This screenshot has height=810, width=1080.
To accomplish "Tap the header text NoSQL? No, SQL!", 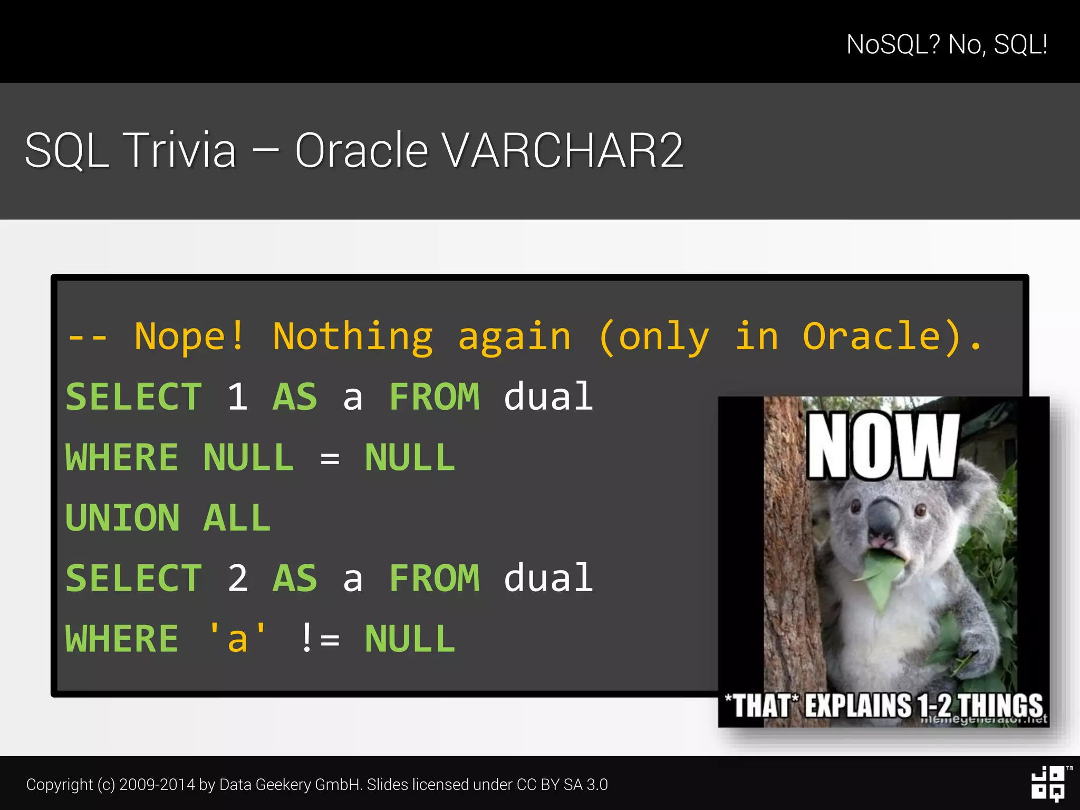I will point(947,44).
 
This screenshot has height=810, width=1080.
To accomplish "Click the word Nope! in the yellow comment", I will point(189,336).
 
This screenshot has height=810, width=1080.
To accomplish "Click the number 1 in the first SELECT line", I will point(237,397).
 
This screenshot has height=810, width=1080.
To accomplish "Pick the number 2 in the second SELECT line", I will point(237,578).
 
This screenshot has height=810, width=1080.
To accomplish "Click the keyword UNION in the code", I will point(122,518).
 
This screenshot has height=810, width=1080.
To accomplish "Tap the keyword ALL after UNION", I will point(237,518).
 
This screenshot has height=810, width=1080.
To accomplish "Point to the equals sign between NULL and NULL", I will point(330,458).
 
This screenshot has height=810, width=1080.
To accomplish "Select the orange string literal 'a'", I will point(237,638).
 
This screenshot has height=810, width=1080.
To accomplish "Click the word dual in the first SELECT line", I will point(548,397).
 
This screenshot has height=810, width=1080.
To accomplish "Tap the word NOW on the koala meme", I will point(883,446).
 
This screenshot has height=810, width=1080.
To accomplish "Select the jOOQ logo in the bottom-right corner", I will point(1048,784).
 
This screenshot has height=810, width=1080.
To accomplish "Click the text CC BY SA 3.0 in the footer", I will point(562,785).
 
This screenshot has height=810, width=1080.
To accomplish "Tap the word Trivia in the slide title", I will point(180,151).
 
